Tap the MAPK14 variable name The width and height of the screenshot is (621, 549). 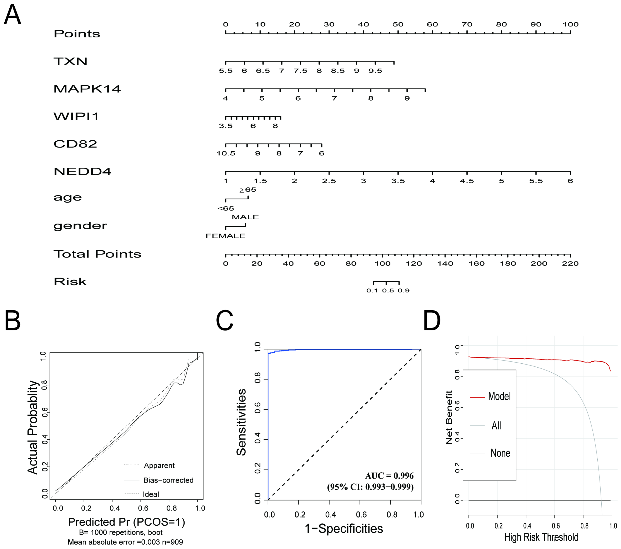(87, 89)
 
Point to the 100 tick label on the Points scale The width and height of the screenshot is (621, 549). (570, 25)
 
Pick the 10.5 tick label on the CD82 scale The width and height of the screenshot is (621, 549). (226, 154)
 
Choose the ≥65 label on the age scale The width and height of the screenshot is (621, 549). (248, 190)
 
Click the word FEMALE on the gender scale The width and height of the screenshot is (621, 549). (225, 236)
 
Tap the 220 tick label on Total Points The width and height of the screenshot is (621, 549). (570, 264)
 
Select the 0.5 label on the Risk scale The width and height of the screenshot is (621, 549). (388, 291)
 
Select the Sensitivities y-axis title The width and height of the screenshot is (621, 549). (241, 422)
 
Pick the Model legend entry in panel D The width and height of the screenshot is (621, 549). (499, 396)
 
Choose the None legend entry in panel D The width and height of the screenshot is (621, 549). (500, 453)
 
